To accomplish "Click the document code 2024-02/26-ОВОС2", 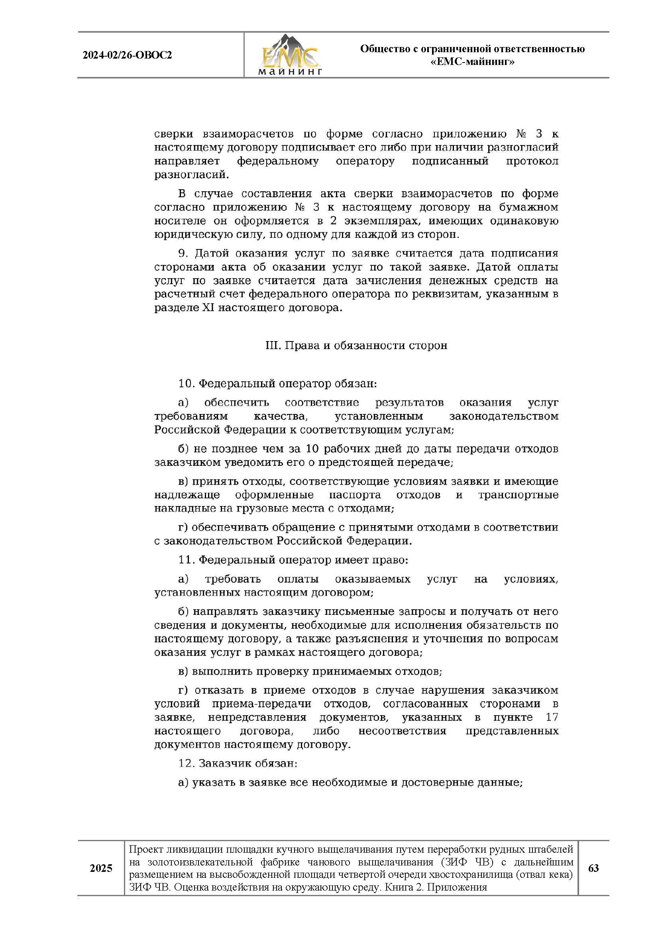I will tap(127, 55).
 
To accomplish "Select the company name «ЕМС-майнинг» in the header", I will tap(472, 62).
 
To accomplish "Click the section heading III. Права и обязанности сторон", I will tap(356, 345).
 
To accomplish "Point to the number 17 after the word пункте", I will tap(552, 717).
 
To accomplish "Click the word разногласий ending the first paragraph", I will tap(191, 175).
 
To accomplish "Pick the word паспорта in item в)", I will tap(355, 494).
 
